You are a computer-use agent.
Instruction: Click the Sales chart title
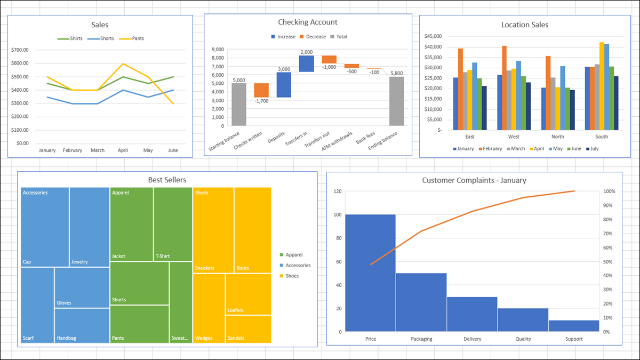100,25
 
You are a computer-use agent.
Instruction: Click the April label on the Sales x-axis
123,150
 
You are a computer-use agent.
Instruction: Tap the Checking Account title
308,22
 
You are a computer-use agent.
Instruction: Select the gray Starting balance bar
239,105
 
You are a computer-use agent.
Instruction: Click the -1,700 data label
261,101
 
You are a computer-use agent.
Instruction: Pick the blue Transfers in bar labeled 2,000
306,64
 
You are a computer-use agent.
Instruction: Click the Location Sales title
524,25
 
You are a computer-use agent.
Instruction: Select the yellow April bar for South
602,86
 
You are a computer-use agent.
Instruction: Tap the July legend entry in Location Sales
591,149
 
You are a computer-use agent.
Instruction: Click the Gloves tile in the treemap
82,287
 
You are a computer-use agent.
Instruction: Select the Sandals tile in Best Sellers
248,329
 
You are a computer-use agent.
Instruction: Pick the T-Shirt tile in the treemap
173,224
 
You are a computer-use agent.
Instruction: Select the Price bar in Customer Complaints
370,273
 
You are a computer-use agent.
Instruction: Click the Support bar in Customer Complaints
573,326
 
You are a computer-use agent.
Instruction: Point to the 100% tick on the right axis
610,191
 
